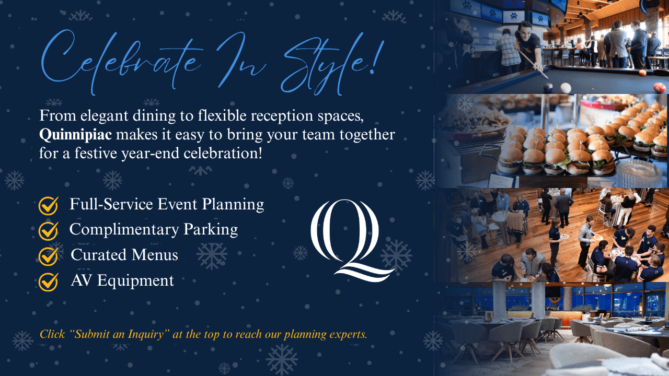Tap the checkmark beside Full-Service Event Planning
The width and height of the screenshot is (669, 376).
tap(48, 205)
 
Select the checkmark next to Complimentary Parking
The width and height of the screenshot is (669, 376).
tap(48, 230)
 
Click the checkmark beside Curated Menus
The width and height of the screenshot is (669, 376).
tap(48, 256)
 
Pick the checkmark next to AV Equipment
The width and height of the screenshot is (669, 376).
tap(48, 281)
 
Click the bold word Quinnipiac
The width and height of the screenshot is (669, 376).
tap(75, 135)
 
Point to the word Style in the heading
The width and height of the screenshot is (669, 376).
tap(329, 65)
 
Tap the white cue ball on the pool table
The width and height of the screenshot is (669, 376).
tap(566, 87)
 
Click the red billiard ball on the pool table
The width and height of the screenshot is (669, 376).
tap(660, 87)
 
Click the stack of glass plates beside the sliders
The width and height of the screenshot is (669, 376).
tap(639, 170)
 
